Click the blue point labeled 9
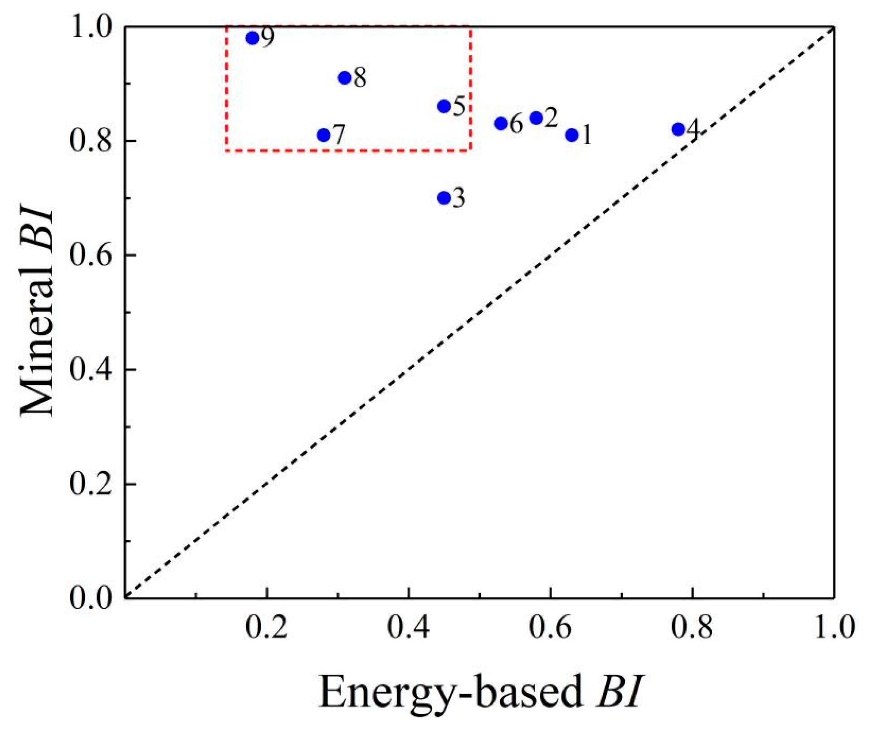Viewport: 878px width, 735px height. (253, 38)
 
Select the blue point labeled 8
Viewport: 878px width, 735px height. (345, 78)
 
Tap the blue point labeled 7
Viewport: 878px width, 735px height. (323, 135)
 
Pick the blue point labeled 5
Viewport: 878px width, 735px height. (444, 107)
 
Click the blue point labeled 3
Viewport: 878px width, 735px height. (444, 198)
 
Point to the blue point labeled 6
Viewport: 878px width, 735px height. (501, 123)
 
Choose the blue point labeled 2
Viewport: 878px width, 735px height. (536, 118)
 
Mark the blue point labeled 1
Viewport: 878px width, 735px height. (572, 135)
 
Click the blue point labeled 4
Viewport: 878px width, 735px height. (678, 129)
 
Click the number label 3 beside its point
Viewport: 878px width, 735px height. (459, 199)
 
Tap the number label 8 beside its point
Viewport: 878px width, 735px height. (360, 78)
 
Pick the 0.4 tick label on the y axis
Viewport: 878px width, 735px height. (91, 370)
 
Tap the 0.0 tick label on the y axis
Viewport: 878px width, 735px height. (91, 598)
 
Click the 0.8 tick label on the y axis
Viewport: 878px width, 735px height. (91, 141)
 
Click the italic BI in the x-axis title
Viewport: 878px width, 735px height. (619, 692)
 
